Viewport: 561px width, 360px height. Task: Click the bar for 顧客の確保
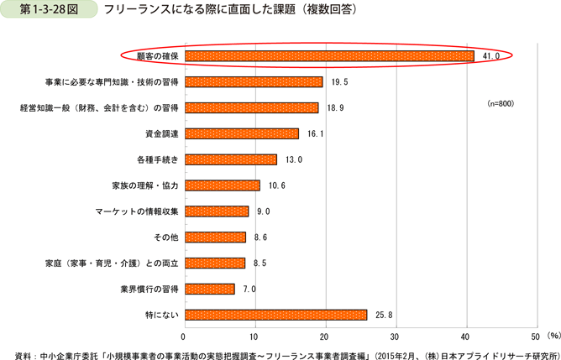[x=328, y=55]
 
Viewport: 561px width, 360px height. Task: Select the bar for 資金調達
[x=240, y=133]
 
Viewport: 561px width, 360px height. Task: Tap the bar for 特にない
[x=275, y=315]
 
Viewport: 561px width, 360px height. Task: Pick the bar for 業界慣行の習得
[x=208, y=289]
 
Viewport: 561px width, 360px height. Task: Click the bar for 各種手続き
[x=229, y=159]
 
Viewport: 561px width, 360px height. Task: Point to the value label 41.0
[x=491, y=55]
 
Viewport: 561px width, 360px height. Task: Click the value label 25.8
[x=383, y=315]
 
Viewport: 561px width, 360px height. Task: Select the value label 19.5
[x=338, y=81]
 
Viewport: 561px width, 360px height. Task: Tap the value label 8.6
[x=261, y=237]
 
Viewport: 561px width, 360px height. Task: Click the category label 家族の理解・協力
[x=144, y=185]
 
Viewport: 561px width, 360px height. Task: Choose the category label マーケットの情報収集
[x=136, y=211]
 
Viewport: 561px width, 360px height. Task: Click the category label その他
[x=164, y=237]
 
